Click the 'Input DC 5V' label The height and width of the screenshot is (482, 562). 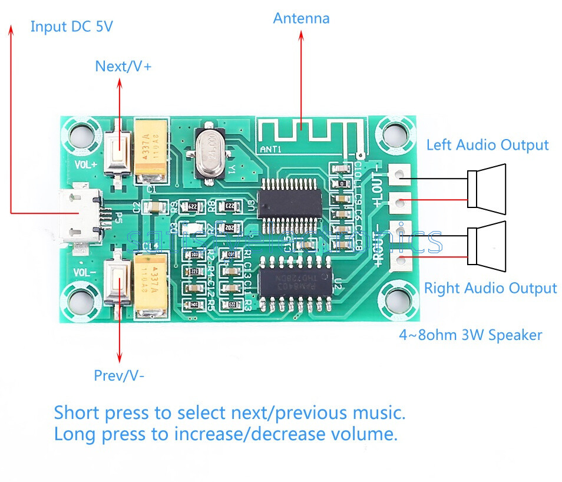[x=71, y=27]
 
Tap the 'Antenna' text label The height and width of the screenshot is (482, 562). [x=301, y=18]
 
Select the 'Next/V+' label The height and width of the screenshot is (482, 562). [x=123, y=67]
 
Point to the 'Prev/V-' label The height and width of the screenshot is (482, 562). [x=119, y=375]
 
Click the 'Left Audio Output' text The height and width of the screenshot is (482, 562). [x=487, y=144]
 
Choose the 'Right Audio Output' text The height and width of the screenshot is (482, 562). [x=490, y=288]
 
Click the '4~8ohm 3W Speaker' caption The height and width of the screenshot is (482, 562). [x=470, y=335]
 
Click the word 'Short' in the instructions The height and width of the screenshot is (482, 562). [x=77, y=412]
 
